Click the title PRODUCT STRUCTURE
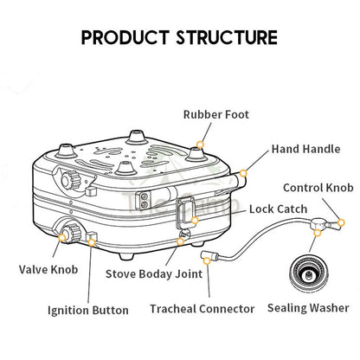click(179, 37)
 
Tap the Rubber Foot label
click(216, 114)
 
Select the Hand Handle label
click(305, 149)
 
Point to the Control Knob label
click(318, 188)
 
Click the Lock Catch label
click(278, 209)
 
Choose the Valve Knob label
click(48, 270)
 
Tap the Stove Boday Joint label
click(154, 274)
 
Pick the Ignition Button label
click(88, 311)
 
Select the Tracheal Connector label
click(202, 309)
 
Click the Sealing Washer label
click(308, 308)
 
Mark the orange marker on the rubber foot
click(200, 145)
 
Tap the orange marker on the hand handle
click(243, 173)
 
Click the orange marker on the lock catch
click(195, 221)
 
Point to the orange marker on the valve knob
click(62, 237)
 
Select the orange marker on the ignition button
click(92, 242)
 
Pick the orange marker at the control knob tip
click(341, 222)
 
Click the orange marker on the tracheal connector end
click(207, 261)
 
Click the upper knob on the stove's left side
click(70, 179)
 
